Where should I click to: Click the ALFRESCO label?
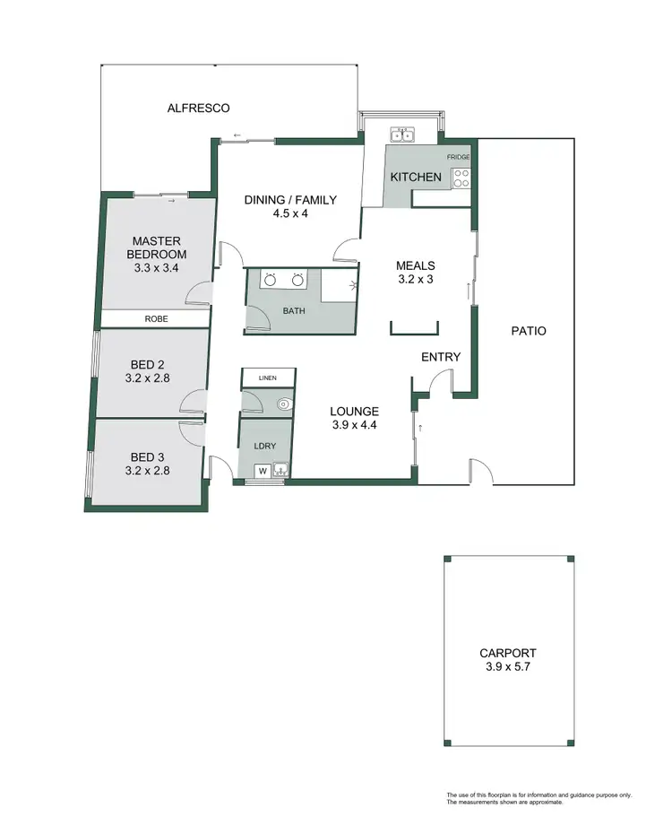[199, 108]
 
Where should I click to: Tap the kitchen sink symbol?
[400, 135]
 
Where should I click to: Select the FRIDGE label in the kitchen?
[459, 157]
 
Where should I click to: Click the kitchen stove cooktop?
[461, 179]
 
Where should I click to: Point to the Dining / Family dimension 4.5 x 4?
[290, 213]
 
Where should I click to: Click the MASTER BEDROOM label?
[158, 247]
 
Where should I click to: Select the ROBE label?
[157, 318]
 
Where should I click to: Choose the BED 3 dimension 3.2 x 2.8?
[148, 469]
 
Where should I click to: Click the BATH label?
[294, 311]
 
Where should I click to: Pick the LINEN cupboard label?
[267, 379]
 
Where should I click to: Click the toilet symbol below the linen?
[284, 404]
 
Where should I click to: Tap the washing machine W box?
[263, 469]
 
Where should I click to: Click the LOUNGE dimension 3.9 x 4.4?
[353, 426]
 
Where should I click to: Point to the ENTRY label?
[441, 357]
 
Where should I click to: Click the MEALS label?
[416, 265]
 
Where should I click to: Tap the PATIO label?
[528, 331]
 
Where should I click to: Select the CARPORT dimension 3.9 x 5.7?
[508, 668]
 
